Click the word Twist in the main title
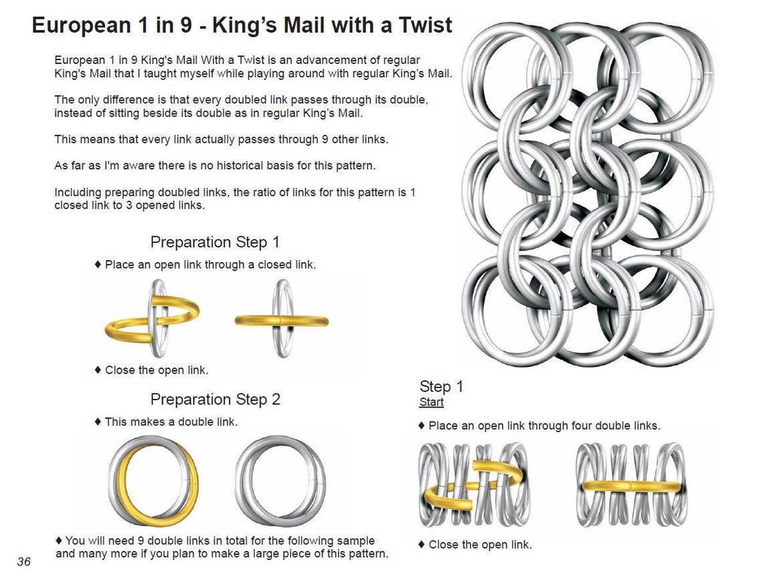pos(419,25)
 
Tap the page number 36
pos(24,562)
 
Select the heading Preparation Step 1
pos(214,241)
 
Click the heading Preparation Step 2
pos(215,399)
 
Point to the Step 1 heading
pos(441,386)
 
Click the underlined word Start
pos(431,402)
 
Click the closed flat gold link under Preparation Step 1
pos(281,321)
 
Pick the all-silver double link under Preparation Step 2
pos(280,481)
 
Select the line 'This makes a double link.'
pos(170,422)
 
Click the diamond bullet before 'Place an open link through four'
pos(421,426)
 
